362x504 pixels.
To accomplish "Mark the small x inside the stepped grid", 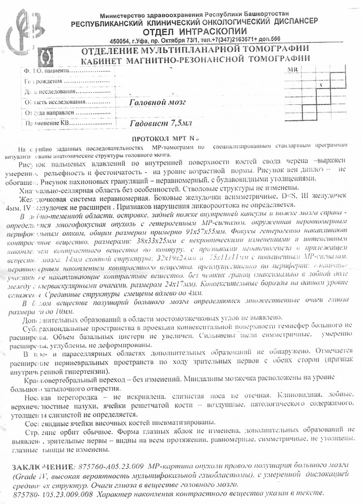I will [321, 85].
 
